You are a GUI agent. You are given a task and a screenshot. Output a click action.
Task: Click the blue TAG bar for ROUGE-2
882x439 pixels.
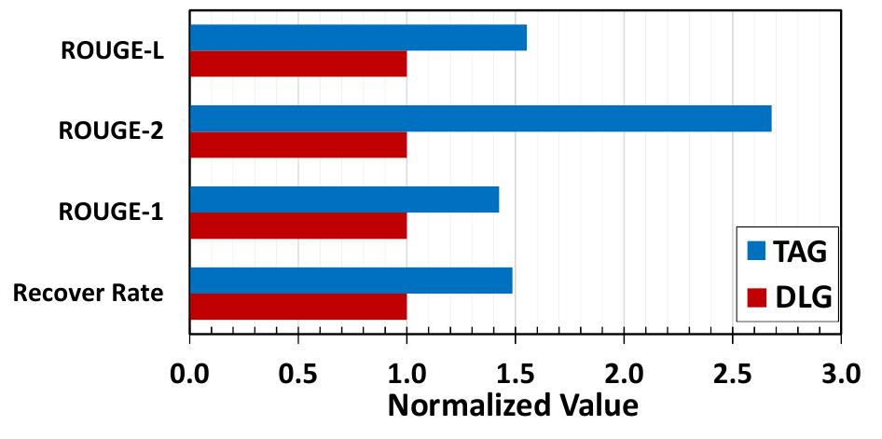tap(480, 119)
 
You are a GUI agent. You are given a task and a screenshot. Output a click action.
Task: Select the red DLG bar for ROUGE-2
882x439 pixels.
tap(298, 144)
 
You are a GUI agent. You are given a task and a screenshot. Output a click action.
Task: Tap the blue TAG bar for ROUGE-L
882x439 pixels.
tap(358, 37)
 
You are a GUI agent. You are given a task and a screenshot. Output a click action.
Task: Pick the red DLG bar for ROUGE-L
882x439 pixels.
tap(298, 63)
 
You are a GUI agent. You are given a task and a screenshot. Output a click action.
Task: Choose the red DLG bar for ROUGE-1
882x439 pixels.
tap(298, 226)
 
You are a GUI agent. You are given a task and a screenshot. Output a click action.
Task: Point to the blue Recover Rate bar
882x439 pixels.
tap(351, 281)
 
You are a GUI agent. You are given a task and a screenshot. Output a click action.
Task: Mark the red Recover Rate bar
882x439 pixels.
tap(298, 307)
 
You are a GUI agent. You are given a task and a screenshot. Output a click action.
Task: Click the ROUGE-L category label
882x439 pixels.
tap(113, 51)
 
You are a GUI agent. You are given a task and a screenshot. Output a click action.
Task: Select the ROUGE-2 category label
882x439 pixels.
tap(113, 131)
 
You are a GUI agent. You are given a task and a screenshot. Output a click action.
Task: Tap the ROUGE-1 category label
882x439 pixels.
tap(113, 213)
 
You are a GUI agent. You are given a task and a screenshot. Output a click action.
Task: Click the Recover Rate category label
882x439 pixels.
tap(89, 294)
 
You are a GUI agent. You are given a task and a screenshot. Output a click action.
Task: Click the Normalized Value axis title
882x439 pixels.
tap(512, 406)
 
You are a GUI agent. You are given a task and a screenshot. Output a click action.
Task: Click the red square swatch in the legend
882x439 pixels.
tap(756, 296)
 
